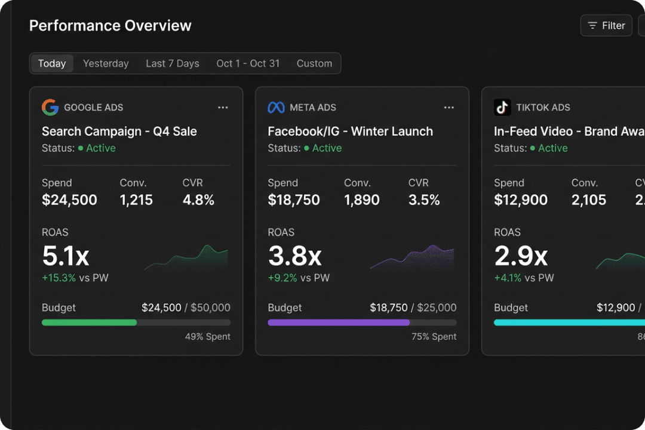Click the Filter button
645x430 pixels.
pyautogui.click(x=606, y=26)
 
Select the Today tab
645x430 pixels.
pyautogui.click(x=52, y=63)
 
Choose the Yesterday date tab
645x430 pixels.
pyautogui.click(x=106, y=63)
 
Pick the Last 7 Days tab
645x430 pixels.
pyautogui.click(x=173, y=63)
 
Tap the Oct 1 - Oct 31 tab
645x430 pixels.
pyautogui.click(x=248, y=63)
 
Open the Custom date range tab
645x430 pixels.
pyautogui.click(x=314, y=63)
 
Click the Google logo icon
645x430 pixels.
pyautogui.click(x=50, y=107)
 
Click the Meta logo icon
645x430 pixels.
pyautogui.click(x=276, y=107)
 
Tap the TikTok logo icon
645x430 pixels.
pyautogui.click(x=502, y=107)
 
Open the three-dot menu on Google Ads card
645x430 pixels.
pyautogui.click(x=223, y=107)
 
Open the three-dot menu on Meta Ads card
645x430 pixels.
pyautogui.click(x=449, y=107)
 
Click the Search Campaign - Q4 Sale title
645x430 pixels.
pyautogui.click(x=119, y=131)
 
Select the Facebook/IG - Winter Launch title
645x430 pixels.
pyautogui.click(x=350, y=131)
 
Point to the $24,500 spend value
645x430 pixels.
pyautogui.click(x=69, y=200)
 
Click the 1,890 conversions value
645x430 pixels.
pyautogui.click(x=361, y=200)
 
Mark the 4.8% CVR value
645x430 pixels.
pyautogui.click(x=198, y=200)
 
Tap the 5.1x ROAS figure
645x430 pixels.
pyautogui.click(x=66, y=256)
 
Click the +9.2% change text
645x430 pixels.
pyautogui.click(x=282, y=278)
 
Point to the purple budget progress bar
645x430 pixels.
pyautogui.click(x=339, y=322)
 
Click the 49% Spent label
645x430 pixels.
pyautogui.click(x=207, y=337)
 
